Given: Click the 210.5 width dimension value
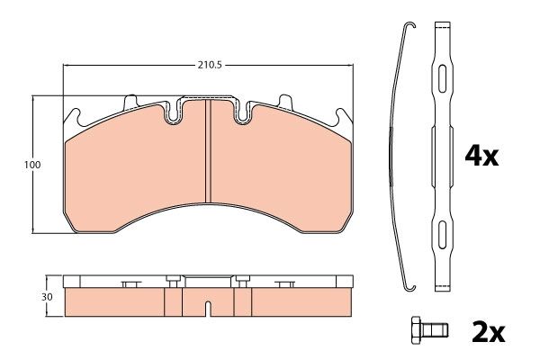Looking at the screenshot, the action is point(210,65).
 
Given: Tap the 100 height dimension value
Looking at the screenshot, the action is point(32,165).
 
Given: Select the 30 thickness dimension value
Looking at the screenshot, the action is point(47,297).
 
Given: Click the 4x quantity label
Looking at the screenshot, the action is point(481,157).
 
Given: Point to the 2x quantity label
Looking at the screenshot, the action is point(488,332).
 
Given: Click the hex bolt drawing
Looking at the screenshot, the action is point(429,330).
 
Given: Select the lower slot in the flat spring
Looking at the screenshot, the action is point(442,235).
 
